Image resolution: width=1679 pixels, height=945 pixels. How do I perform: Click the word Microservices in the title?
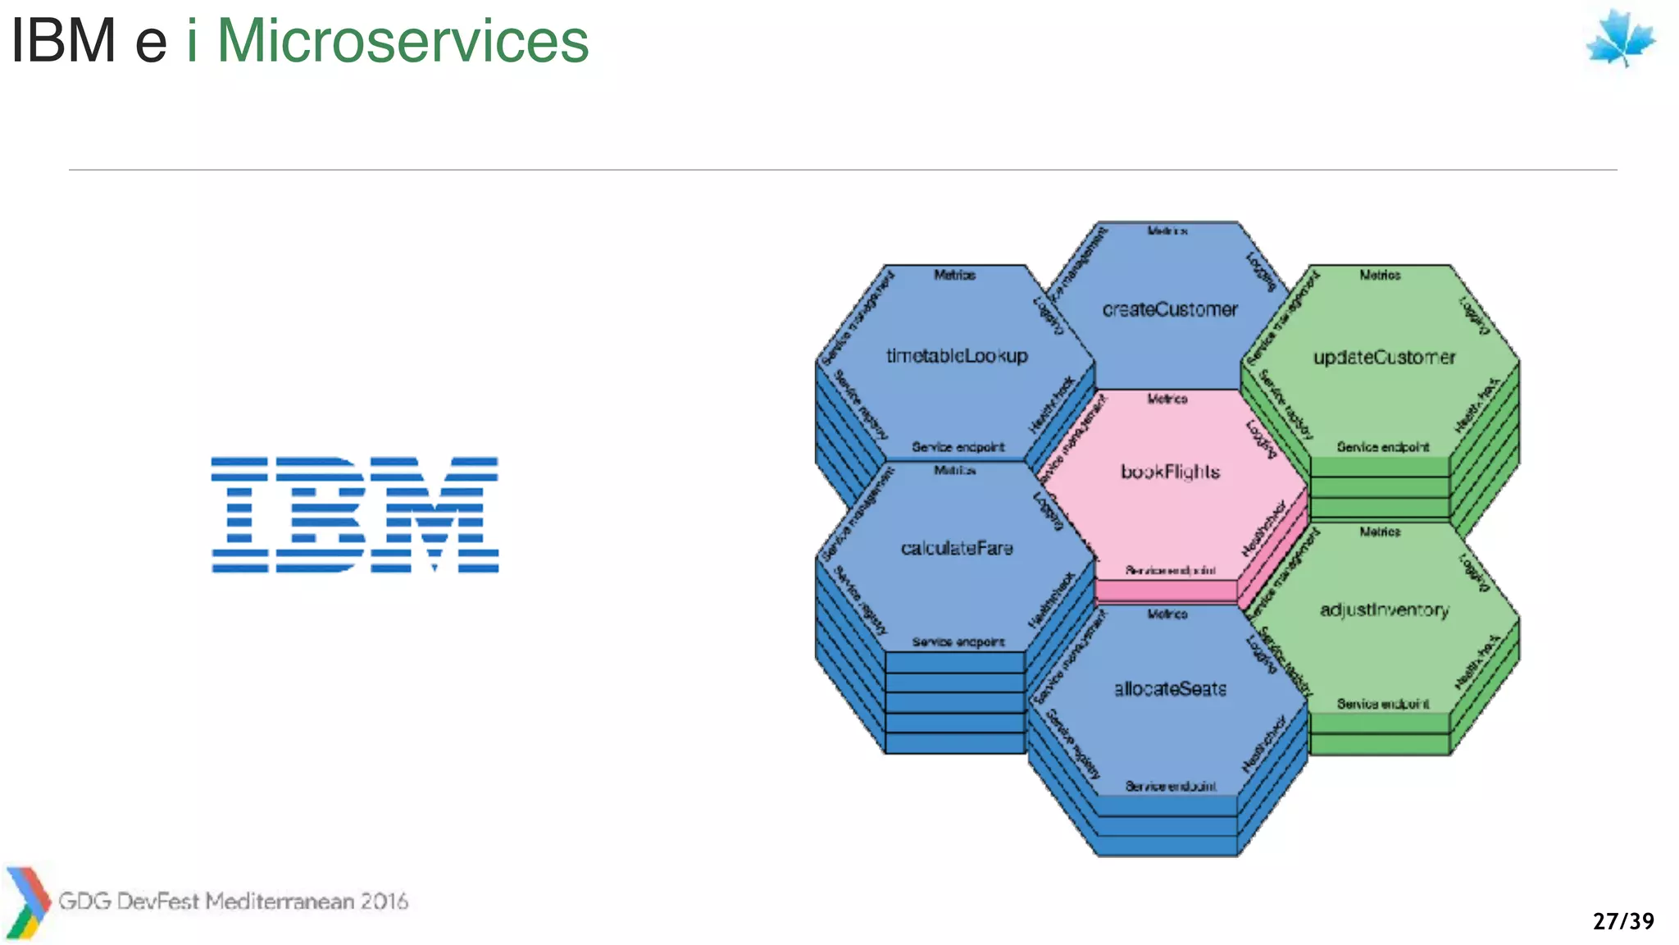(403, 41)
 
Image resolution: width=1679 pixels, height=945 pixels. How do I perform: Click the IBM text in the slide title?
(63, 41)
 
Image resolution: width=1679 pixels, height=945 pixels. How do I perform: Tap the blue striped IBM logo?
(354, 514)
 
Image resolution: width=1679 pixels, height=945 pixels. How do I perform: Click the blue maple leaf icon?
(1620, 39)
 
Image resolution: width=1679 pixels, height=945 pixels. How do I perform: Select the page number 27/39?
(1623, 921)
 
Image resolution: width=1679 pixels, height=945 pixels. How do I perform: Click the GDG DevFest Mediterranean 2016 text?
(233, 901)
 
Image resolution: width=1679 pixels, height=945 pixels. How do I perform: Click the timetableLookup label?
(956, 356)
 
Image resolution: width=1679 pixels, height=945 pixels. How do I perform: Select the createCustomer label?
(1170, 310)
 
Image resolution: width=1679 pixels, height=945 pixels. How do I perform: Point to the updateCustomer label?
(1384, 358)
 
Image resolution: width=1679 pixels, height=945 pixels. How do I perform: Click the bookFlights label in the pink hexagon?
(1170, 472)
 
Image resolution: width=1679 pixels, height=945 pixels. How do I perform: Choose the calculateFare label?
(957, 548)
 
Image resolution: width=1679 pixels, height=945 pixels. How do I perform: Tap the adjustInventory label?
(1384, 610)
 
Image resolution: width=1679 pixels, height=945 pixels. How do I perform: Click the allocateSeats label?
(1170, 689)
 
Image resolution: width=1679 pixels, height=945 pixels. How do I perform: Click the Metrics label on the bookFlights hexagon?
(1167, 399)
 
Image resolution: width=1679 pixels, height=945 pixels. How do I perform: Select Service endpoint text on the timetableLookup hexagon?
(958, 447)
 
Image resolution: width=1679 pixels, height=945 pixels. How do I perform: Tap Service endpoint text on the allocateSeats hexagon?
(1170, 786)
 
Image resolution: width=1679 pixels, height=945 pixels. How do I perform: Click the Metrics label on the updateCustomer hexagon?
(1380, 275)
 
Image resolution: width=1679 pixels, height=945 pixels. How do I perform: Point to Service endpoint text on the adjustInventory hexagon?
(1382, 704)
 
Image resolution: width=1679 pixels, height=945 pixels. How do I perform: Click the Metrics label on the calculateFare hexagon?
(954, 470)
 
